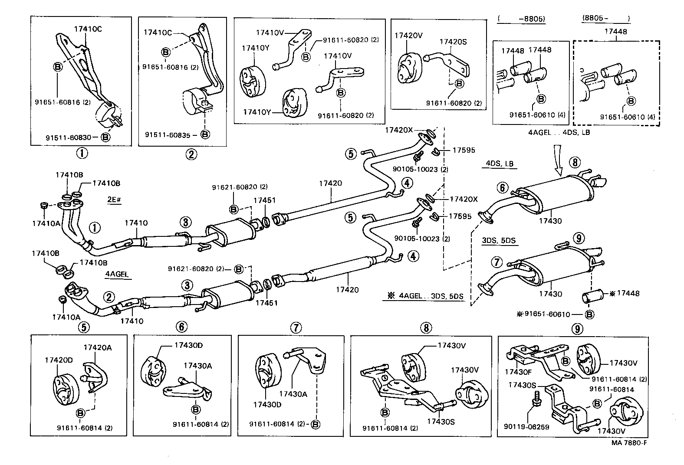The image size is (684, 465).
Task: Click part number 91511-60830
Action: pyautogui.click(x=68, y=138)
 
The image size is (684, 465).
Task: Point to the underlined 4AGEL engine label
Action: pyautogui.click(x=117, y=274)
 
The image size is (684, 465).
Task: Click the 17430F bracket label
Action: pyautogui.click(x=517, y=372)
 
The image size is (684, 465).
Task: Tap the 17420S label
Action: pyautogui.click(x=453, y=42)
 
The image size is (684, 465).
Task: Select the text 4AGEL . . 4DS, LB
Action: pyautogui.click(x=559, y=132)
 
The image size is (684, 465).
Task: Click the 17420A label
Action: pyautogui.click(x=97, y=347)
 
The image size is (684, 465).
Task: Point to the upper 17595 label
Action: pyautogui.click(x=464, y=150)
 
